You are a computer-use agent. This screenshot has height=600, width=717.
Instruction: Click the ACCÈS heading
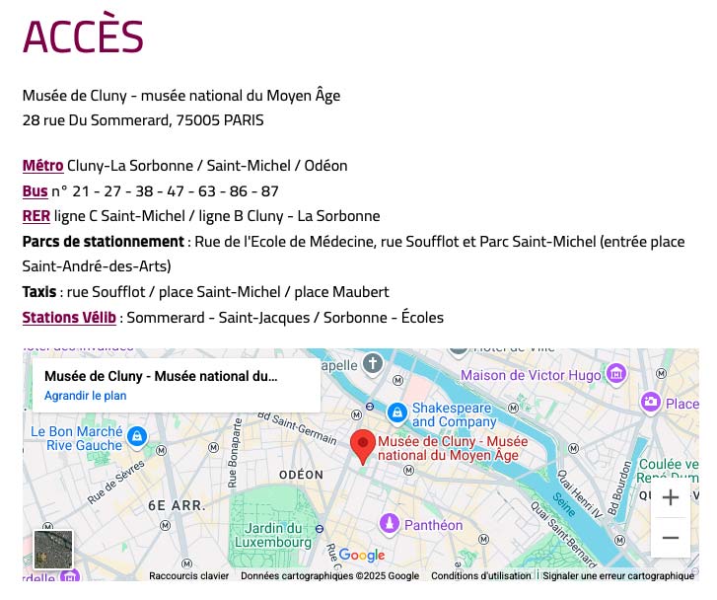tap(83, 37)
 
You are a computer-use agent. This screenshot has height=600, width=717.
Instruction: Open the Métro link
tap(42, 166)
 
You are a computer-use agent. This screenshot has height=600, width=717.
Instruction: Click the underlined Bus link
tap(35, 191)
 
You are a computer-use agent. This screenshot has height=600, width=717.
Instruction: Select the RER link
tap(36, 216)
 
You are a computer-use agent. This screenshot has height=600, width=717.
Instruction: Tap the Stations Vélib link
tap(69, 318)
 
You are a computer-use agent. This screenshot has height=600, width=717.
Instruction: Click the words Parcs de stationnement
tap(103, 242)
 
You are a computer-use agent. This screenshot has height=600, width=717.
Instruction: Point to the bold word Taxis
tap(39, 292)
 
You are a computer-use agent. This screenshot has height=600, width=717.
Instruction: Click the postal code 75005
tap(197, 120)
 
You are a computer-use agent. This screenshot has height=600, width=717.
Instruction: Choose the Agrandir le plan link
tap(85, 396)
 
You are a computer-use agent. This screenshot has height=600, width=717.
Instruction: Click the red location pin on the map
tap(363, 446)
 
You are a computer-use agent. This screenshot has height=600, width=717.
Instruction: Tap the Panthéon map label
tap(432, 525)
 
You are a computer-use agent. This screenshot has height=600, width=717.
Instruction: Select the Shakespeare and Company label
tap(452, 414)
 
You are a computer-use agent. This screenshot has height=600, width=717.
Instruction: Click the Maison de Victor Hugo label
tap(531, 375)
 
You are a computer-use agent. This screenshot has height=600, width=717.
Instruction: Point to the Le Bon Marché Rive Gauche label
tap(76, 438)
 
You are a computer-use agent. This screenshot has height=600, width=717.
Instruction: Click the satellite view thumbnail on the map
tap(53, 550)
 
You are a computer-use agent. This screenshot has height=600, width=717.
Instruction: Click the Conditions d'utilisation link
tap(480, 576)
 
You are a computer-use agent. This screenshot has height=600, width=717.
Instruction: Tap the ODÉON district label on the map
tap(301, 475)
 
